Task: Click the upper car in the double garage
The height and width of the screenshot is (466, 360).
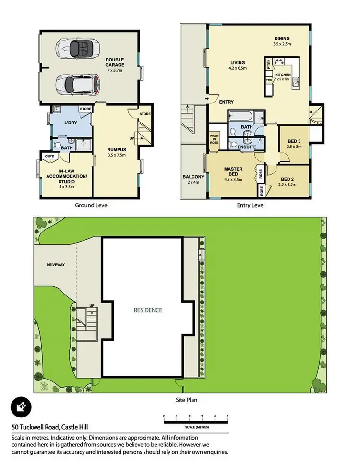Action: (x=77, y=49)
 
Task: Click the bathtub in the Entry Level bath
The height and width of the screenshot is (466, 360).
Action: (x=239, y=118)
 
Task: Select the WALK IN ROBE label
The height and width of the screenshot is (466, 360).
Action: (x=214, y=139)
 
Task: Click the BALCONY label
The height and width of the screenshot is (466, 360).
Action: (x=192, y=177)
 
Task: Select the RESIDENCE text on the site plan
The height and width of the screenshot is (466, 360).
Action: (x=148, y=310)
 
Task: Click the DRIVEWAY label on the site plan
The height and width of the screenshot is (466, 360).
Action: (x=56, y=265)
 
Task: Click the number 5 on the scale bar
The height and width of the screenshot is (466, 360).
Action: (x=228, y=416)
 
